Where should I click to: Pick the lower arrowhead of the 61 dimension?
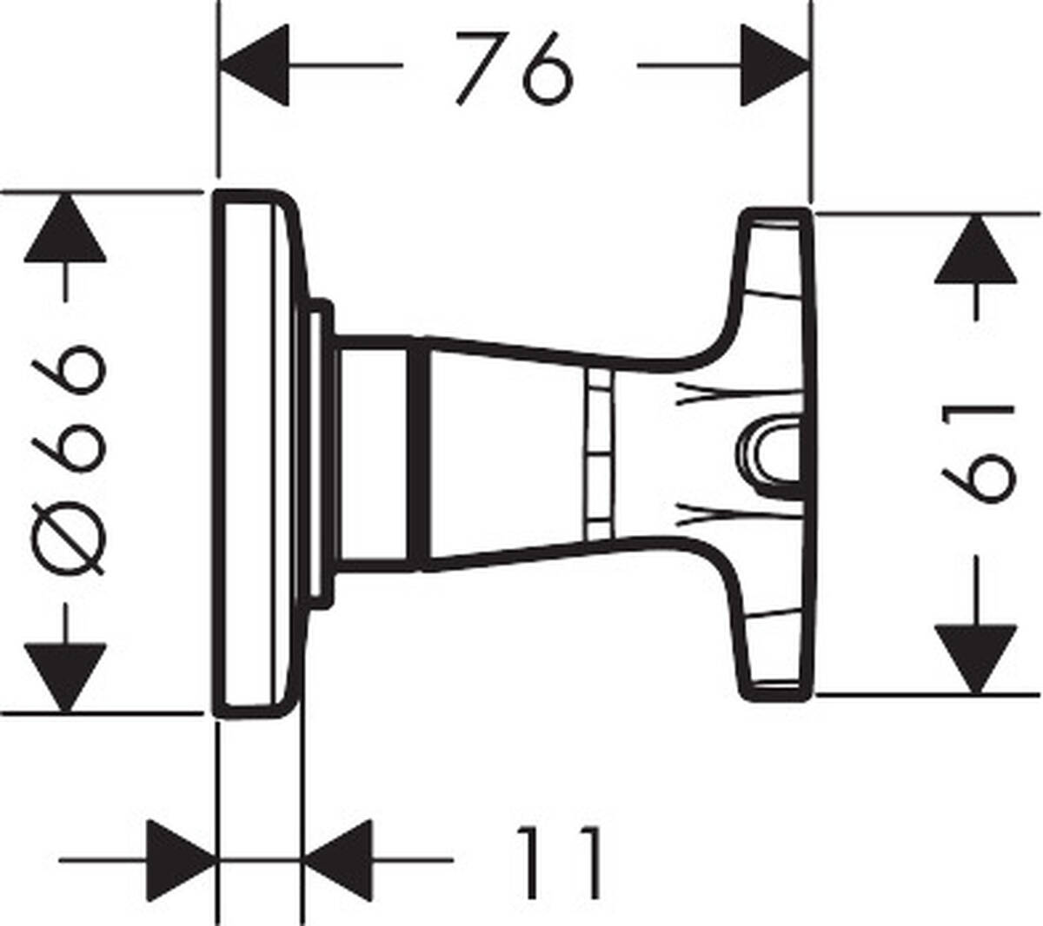point(975,658)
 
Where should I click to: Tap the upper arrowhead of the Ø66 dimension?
point(65,229)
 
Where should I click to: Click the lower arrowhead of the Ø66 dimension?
point(65,676)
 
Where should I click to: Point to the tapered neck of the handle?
point(504,452)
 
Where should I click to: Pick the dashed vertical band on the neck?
point(597,452)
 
